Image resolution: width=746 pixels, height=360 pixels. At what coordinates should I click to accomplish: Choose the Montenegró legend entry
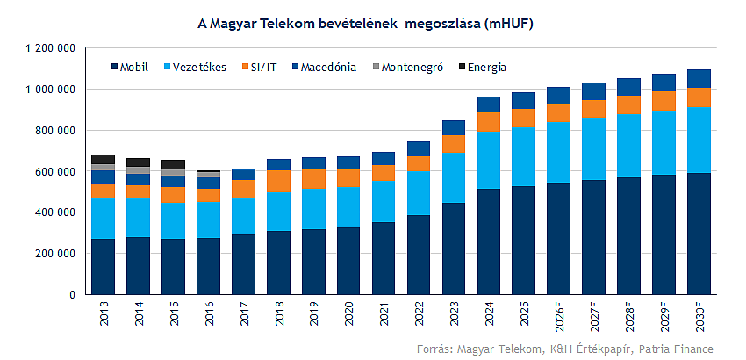410,67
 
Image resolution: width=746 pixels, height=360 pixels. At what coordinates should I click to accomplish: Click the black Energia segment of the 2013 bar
104,159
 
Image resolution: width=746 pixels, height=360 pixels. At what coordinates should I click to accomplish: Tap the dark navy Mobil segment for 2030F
699,233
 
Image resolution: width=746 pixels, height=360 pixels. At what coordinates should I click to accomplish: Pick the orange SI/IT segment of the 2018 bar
278,180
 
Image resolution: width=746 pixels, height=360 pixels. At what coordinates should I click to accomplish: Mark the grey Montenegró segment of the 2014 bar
139,170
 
